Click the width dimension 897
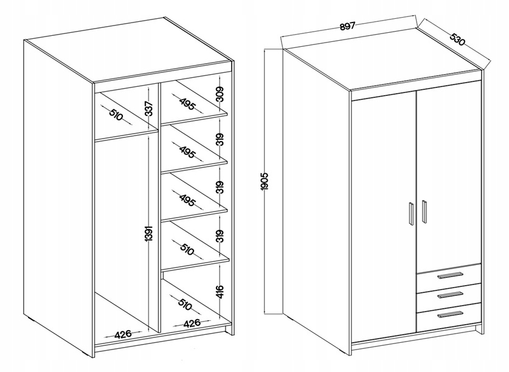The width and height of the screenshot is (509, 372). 348,26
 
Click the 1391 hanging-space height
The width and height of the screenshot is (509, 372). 148,232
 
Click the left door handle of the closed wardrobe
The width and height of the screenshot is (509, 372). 410,213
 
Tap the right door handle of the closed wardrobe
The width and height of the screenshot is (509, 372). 424,212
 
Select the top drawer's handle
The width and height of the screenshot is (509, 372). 449,275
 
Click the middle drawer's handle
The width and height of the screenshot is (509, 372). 449,294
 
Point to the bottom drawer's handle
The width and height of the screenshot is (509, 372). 449,314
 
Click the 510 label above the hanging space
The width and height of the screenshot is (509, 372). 116,115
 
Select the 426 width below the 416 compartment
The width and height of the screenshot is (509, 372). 192,323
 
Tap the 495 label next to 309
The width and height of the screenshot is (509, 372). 187,103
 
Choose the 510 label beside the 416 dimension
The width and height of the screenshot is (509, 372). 185,304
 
